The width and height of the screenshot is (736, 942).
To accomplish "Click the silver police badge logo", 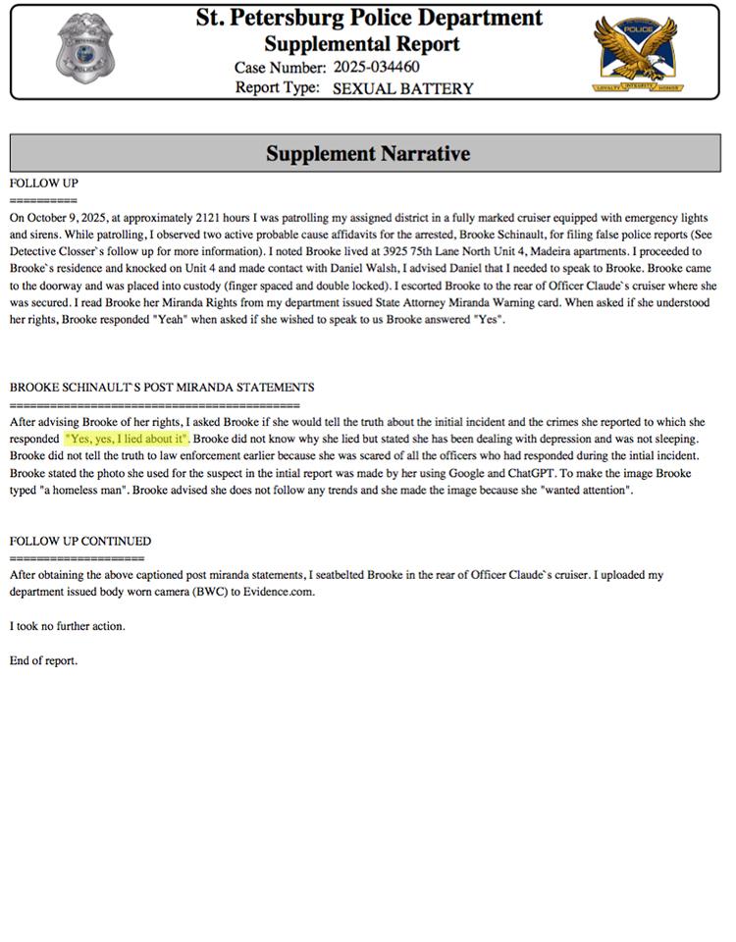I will click(x=84, y=48).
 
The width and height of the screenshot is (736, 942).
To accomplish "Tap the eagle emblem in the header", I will click(x=639, y=51).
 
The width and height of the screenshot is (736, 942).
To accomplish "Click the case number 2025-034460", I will click(x=377, y=68).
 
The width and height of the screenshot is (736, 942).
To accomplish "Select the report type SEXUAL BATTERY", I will click(x=402, y=88).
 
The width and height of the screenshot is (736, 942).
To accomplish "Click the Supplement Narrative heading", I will click(x=368, y=154).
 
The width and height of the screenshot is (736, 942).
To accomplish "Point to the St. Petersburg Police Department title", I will click(x=369, y=18).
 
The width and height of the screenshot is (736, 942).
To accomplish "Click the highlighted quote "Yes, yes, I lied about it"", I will click(x=127, y=438).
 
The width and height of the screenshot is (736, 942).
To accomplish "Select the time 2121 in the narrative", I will click(x=211, y=216).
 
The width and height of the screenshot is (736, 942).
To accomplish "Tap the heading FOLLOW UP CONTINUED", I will click(x=80, y=541).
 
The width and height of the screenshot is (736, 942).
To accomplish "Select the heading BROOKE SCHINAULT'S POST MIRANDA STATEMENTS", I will click(x=162, y=388).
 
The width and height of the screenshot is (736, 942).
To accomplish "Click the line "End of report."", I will click(x=43, y=660).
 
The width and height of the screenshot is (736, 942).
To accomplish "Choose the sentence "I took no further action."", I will click(x=68, y=626).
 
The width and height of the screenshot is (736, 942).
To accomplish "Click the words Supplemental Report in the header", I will click(x=362, y=44).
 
